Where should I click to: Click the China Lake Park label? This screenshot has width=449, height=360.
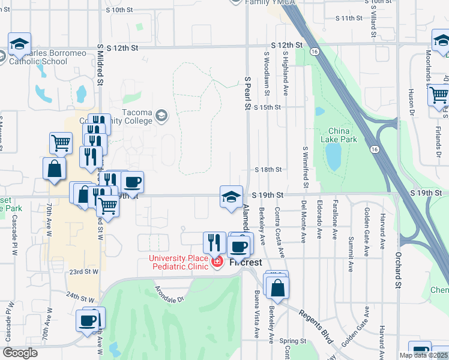(x=343, y=135)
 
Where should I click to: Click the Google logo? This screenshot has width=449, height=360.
(x=20, y=353)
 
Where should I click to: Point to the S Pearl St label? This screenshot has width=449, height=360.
(x=247, y=93)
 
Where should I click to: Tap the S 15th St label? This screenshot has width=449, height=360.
(x=267, y=107)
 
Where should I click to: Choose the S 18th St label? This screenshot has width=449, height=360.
(x=267, y=170)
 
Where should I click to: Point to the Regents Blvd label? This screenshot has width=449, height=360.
(x=316, y=325)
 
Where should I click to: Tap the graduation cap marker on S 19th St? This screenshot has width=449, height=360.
(x=231, y=197)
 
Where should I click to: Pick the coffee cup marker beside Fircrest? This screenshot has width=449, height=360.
(x=240, y=246)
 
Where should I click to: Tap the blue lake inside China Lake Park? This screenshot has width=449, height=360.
(x=331, y=157)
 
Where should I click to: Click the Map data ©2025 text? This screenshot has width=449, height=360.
(x=423, y=355)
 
